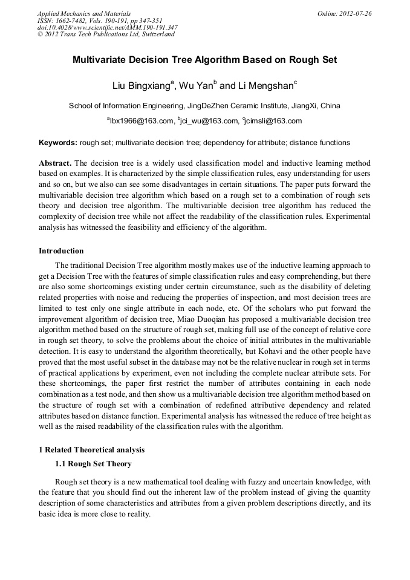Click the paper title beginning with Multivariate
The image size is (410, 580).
(x=204, y=60)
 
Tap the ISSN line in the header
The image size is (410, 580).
(x=100, y=21)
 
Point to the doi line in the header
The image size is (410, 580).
(x=108, y=27)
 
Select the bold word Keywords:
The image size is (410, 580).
(x=58, y=143)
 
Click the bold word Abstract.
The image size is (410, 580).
(x=55, y=164)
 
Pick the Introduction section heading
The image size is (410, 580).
(x=61, y=251)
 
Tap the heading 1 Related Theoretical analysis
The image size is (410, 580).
(x=91, y=450)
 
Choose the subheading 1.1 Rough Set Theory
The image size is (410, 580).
(x=93, y=464)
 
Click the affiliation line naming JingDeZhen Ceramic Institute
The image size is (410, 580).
(x=204, y=106)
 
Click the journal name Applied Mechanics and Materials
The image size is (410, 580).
(x=85, y=13)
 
